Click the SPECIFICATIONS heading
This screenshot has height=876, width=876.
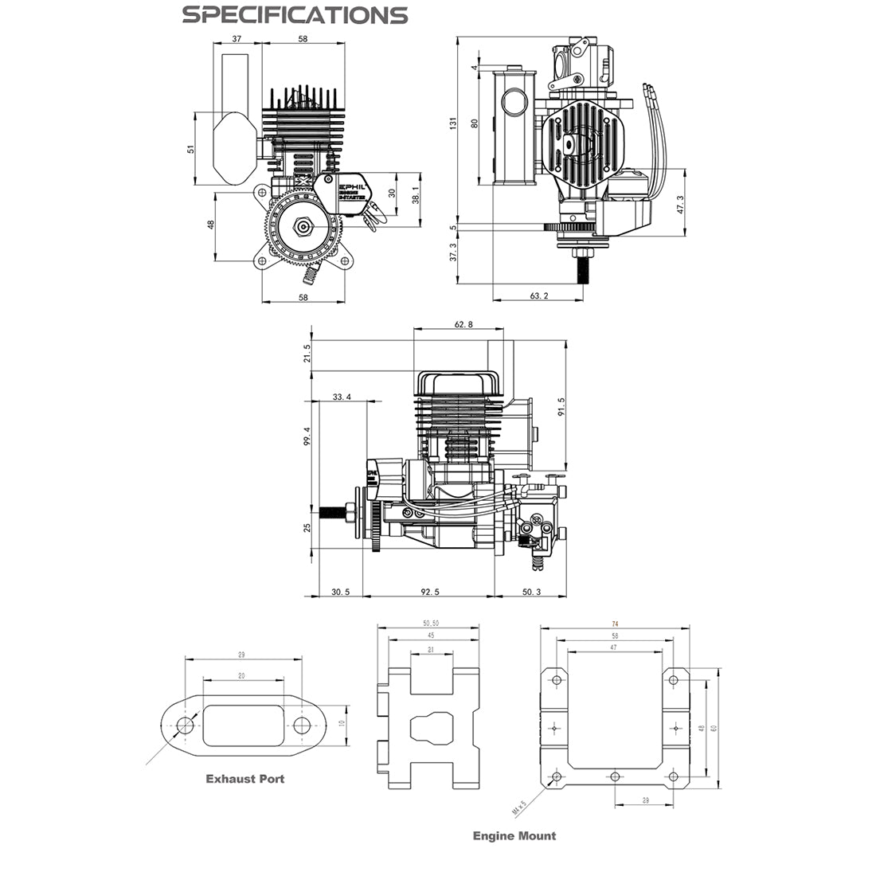pyautogui.click(x=294, y=14)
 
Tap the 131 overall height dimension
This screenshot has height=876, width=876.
pyautogui.click(x=453, y=123)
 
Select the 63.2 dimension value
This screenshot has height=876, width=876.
pyautogui.click(x=539, y=295)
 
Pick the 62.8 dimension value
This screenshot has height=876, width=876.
pyautogui.click(x=463, y=324)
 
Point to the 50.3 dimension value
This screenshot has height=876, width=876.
pyautogui.click(x=531, y=592)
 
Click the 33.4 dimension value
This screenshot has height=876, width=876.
pyautogui.click(x=342, y=396)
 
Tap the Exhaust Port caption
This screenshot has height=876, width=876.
pyautogui.click(x=244, y=778)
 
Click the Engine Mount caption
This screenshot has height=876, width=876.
pyautogui.click(x=514, y=835)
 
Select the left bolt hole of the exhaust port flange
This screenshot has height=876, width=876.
pyautogui.click(x=186, y=725)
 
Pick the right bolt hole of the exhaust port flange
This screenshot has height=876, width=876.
pyautogui.click(x=301, y=725)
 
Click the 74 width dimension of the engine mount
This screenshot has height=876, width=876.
pyautogui.click(x=615, y=624)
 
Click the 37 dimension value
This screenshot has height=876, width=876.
pyautogui.click(x=237, y=38)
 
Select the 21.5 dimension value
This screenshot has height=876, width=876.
pyautogui.click(x=307, y=354)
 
